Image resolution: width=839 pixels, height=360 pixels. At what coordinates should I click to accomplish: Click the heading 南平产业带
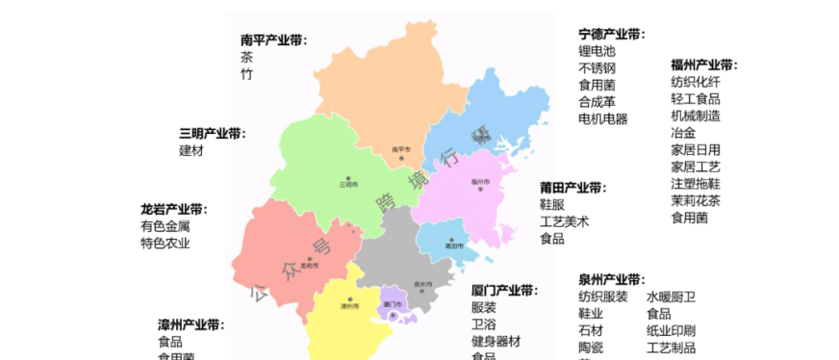[273, 40]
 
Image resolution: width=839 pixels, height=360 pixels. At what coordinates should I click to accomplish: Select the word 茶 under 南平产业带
[247, 58]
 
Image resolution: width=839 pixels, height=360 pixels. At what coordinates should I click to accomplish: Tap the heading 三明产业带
[212, 134]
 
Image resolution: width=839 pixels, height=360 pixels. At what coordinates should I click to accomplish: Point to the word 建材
[191, 150]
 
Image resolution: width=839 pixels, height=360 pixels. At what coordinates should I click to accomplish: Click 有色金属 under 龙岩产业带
[165, 226]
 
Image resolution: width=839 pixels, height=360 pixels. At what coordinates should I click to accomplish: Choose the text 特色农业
[165, 243]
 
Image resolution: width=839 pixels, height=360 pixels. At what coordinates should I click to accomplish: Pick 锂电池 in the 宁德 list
[597, 51]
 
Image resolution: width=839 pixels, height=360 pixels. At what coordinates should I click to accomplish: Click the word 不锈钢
[597, 68]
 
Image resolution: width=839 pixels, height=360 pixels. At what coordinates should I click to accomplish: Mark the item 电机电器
[603, 118]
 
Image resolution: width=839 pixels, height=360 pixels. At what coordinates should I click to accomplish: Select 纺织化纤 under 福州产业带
[696, 82]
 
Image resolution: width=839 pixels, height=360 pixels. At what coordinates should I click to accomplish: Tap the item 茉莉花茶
[696, 201]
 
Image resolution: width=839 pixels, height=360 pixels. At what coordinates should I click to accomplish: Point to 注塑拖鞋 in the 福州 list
[696, 184]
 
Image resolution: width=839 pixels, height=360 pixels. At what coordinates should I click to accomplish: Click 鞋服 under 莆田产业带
[552, 205]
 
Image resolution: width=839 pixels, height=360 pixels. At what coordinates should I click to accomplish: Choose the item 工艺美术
[565, 221]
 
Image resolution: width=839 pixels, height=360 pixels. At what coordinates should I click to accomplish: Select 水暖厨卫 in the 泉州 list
[672, 296]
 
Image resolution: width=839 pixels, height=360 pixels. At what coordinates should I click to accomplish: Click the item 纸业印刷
[672, 330]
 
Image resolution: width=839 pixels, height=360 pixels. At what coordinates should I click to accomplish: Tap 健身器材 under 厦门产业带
[496, 341]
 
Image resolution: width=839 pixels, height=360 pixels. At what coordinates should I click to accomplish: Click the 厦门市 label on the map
[392, 304]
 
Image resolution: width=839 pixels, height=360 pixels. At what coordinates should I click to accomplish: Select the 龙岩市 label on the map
[309, 264]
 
